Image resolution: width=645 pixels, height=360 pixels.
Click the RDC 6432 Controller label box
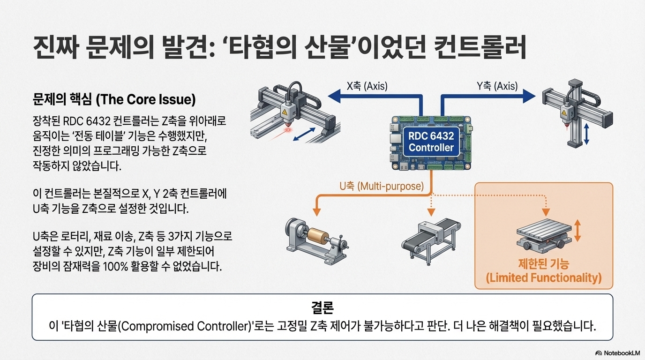(431, 142)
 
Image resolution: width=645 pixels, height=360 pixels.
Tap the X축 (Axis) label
(367, 86)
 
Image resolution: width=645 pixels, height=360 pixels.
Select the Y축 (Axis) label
(497, 86)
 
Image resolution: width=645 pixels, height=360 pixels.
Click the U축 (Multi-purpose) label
(381, 186)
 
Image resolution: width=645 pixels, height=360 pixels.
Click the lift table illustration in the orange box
(544, 237)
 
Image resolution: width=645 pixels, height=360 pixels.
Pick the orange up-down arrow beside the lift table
(577, 232)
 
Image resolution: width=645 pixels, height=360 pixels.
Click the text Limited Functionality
(544, 278)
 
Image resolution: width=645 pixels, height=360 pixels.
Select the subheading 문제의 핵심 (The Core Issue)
(114, 100)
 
